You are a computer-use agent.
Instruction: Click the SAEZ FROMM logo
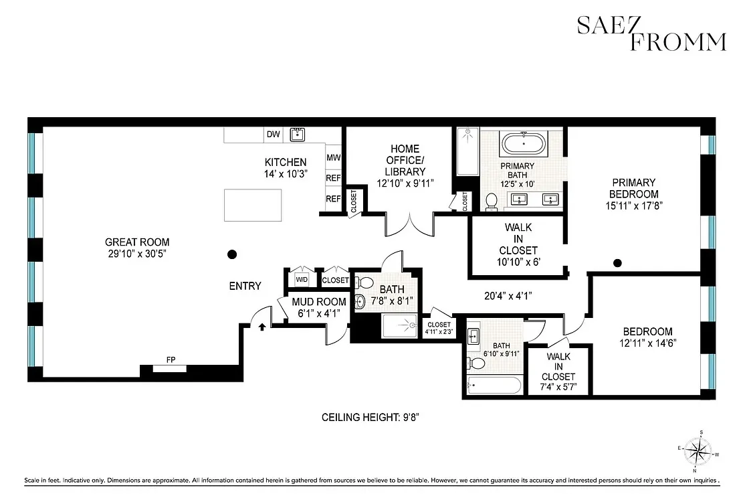(x=651, y=33)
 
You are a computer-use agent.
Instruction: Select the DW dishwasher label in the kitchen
(x=273, y=135)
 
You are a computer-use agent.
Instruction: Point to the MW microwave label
(x=332, y=158)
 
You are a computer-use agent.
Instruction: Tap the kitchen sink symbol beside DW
(x=298, y=135)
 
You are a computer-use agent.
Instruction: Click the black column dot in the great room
(x=232, y=254)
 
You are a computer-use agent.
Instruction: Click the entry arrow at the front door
(x=262, y=327)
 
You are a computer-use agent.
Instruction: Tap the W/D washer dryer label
(x=302, y=280)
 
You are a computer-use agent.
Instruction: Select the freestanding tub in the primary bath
(x=524, y=144)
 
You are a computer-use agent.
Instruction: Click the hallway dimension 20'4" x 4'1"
(x=508, y=295)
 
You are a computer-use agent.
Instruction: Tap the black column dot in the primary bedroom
(x=618, y=262)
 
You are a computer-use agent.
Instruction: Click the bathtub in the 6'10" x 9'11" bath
(x=494, y=385)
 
